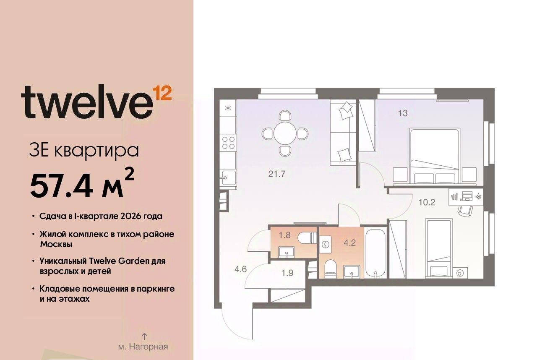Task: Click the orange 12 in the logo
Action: (x=162, y=93)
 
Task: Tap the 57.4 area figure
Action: (x=62, y=185)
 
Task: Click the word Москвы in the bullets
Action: (x=56, y=244)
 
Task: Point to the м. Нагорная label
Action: (x=143, y=347)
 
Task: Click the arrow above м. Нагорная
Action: (x=144, y=337)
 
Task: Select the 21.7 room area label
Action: (x=276, y=174)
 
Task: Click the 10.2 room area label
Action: (x=427, y=202)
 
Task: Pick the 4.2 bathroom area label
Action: (x=349, y=243)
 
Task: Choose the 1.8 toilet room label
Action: (x=284, y=235)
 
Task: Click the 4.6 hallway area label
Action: (x=241, y=269)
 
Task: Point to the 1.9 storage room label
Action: (x=287, y=273)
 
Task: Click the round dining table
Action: (x=285, y=133)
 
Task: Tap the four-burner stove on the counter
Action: (x=228, y=143)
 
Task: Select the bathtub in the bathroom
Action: (x=375, y=253)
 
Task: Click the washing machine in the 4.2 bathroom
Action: (x=326, y=245)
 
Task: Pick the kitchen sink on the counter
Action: (x=228, y=177)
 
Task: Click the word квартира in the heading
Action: (x=96, y=151)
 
